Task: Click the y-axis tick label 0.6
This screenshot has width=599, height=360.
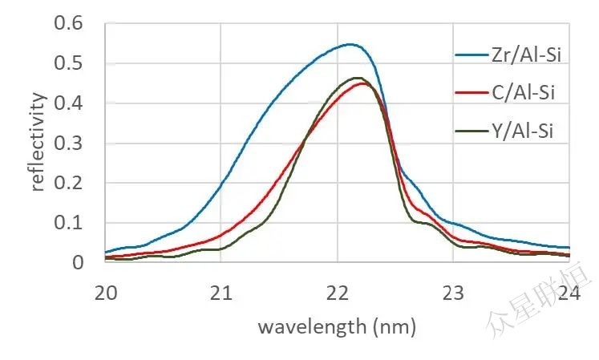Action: click(x=69, y=23)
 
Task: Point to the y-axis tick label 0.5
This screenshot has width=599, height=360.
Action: click(x=69, y=63)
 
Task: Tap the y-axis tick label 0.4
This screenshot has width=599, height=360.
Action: click(x=69, y=103)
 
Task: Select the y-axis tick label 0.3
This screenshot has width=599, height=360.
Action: click(x=69, y=144)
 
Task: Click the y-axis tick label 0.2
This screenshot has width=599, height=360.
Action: click(x=69, y=184)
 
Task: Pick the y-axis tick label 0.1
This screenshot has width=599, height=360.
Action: click(x=69, y=223)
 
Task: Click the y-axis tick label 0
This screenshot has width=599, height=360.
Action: click(x=77, y=263)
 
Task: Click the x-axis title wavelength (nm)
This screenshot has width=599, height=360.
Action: click(x=336, y=327)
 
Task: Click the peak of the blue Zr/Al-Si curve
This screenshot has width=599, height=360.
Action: click(x=350, y=44)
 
